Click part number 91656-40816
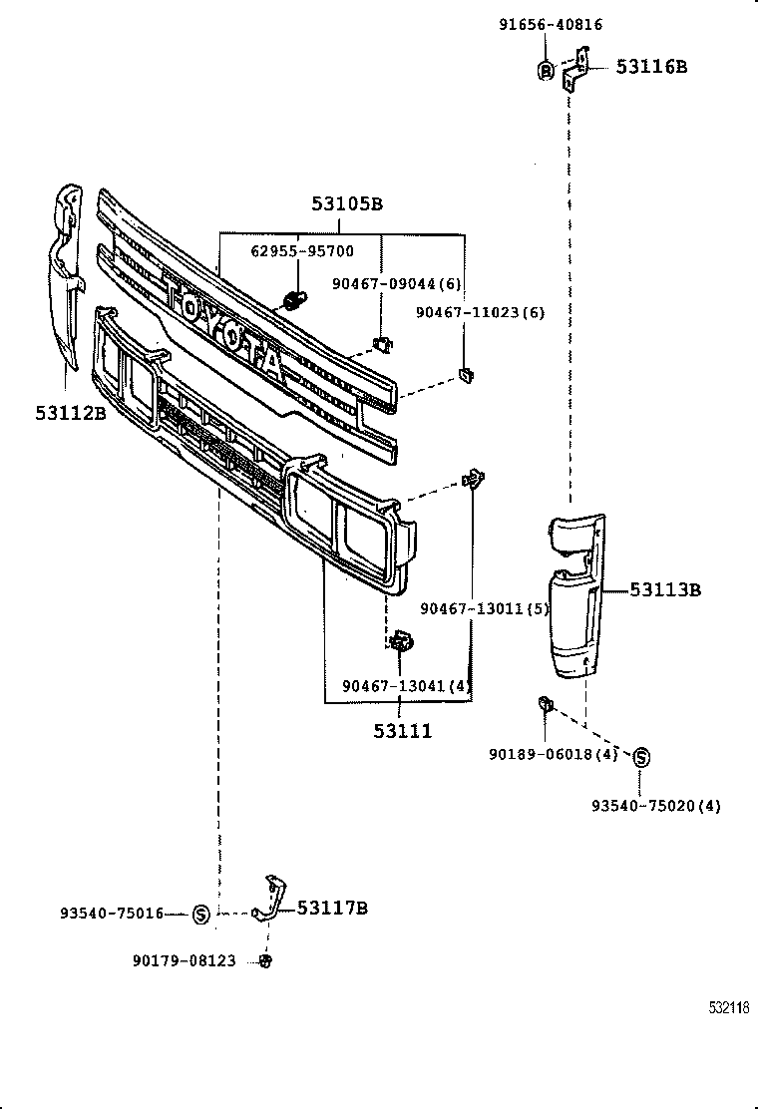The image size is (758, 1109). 551,25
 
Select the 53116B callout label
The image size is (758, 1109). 651,67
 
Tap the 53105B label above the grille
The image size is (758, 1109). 346,204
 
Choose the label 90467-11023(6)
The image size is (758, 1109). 481,312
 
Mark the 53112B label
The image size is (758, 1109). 71,412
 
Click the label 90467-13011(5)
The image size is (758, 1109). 485,608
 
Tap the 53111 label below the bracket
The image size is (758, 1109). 403,731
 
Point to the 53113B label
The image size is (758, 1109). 664,590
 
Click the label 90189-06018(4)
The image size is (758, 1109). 554,755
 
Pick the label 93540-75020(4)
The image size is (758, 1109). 656,805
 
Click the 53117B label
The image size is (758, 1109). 332,908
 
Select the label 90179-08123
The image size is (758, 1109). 185,960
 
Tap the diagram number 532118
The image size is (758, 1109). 729,1008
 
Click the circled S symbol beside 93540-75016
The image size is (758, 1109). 199,913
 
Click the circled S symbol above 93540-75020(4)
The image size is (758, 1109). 641,758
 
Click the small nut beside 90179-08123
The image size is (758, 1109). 265,960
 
